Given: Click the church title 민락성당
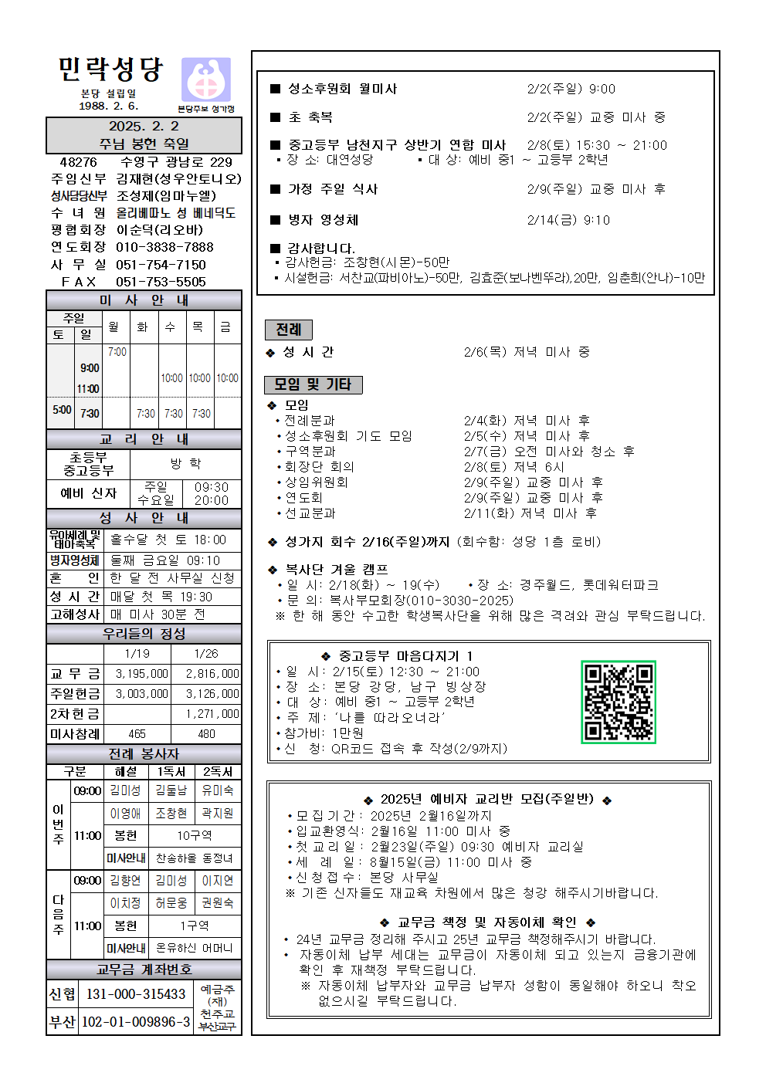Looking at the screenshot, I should pyautogui.click(x=110, y=70).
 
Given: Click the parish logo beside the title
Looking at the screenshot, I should pyautogui.click(x=205, y=80).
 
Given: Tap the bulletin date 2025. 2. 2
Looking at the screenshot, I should pyautogui.click(x=144, y=126).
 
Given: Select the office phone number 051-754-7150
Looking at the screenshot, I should pyautogui.click(x=161, y=265).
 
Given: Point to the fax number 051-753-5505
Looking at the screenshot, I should pyautogui.click(x=161, y=282).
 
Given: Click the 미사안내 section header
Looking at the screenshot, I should pyautogui.click(x=144, y=300).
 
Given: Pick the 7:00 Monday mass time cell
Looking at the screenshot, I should pyautogui.click(x=117, y=352).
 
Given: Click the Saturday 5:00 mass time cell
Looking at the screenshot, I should pyautogui.click(x=62, y=410).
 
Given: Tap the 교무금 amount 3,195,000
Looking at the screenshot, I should pyautogui.click(x=141, y=674).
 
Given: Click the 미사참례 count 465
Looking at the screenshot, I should pyautogui.click(x=137, y=734).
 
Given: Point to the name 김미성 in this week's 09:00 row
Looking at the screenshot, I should pyautogui.click(x=125, y=790).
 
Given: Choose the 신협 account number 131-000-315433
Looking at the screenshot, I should pyautogui.click(x=136, y=994).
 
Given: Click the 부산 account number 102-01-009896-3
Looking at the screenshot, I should pyautogui.click(x=136, y=1022).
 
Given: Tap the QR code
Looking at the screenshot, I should pyautogui.click(x=618, y=702).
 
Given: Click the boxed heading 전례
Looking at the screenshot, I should pyautogui.click(x=289, y=330).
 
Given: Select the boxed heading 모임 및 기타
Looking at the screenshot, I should pyautogui.click(x=313, y=384).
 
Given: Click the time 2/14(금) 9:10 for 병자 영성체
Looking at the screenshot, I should pyautogui.click(x=568, y=220).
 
